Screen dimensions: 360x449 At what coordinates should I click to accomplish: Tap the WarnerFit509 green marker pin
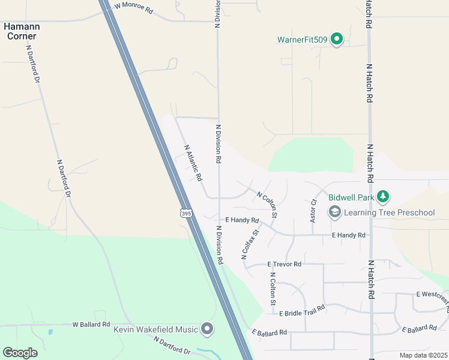337,40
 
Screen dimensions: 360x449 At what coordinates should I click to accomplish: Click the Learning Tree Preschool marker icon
334,212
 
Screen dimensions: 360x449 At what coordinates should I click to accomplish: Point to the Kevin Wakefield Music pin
207,329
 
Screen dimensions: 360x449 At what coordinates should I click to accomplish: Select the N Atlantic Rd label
193,163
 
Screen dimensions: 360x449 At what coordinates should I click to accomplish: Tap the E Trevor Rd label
285,264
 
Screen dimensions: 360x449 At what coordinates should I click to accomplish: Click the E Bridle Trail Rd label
302,310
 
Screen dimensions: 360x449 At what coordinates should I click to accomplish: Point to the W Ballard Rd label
91,325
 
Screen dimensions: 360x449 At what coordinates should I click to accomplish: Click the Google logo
20,353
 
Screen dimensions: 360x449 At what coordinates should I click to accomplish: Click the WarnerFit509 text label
302,40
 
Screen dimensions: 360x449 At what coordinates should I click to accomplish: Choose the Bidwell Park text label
351,196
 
